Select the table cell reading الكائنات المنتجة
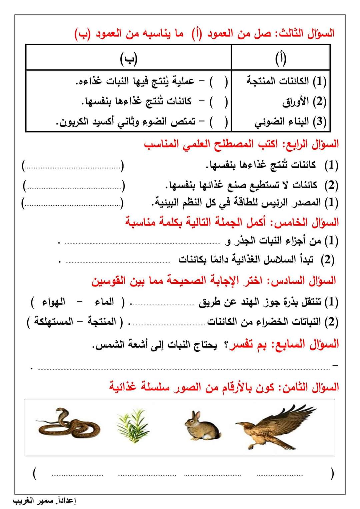click(x=286, y=81)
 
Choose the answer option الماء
click(x=104, y=302)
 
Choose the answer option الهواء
click(x=53, y=302)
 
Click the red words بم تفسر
click(x=244, y=344)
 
